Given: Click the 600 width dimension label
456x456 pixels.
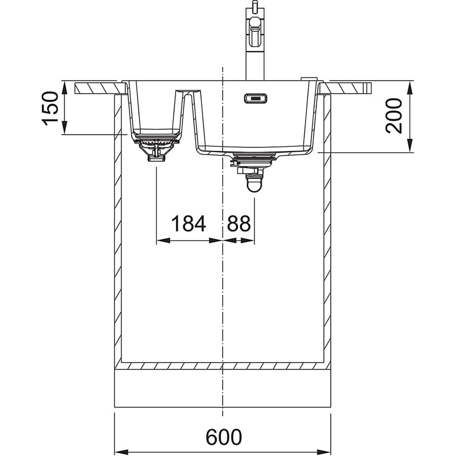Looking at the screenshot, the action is pos(224,436).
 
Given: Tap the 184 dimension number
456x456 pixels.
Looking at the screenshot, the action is pos(189,223).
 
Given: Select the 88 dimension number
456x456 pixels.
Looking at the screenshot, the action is pos(239,223).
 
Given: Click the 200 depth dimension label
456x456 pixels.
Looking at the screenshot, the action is pos(393,116).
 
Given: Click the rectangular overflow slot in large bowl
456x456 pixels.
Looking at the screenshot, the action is pos(256,98).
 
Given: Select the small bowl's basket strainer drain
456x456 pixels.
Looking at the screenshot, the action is pos(157,147).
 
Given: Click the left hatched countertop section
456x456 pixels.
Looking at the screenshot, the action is pos(101,88).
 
